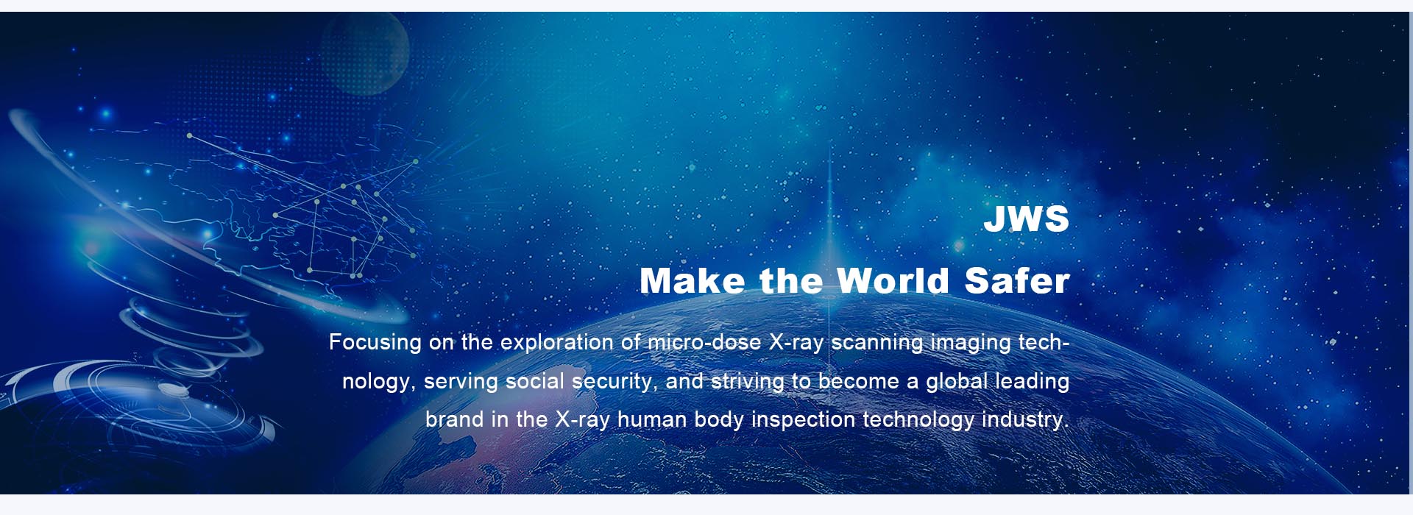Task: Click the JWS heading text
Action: pyautogui.click(x=1026, y=219)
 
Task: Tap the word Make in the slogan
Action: pyautogui.click(x=692, y=281)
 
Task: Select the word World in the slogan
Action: pyautogui.click(x=893, y=281)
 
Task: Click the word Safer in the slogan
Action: pyautogui.click(x=1017, y=281)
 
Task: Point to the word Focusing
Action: pyautogui.click(x=375, y=343)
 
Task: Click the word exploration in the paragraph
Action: pyautogui.click(x=557, y=343)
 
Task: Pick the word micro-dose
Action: pyautogui.click(x=704, y=343)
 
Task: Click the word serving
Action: pyautogui.click(x=461, y=382)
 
